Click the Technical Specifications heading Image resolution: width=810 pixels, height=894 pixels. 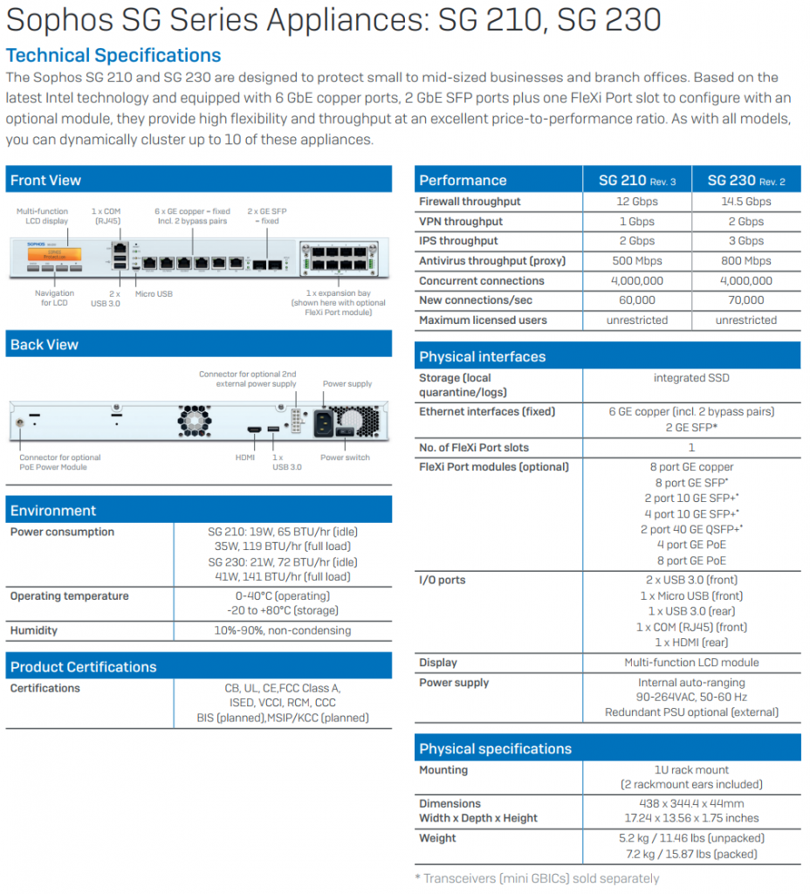pyautogui.click(x=113, y=55)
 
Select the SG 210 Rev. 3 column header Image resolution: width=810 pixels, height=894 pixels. pyautogui.click(x=636, y=181)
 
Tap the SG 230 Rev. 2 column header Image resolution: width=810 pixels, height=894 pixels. pyautogui.click(x=746, y=181)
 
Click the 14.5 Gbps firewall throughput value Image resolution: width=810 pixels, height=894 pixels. pyautogui.click(x=746, y=202)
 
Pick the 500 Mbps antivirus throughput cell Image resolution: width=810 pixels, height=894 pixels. pyautogui.click(x=636, y=260)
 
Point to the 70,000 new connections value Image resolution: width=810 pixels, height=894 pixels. pyautogui.click(x=746, y=300)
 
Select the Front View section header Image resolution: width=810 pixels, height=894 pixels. pyautogui.click(x=45, y=180)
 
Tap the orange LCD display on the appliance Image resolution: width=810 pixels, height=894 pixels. pyautogui.click(x=54, y=254)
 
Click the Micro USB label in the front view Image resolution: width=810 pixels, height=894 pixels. pyautogui.click(x=154, y=293)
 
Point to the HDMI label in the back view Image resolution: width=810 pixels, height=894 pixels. pyautogui.click(x=245, y=457)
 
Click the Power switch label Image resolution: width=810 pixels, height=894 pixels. pyautogui.click(x=345, y=457)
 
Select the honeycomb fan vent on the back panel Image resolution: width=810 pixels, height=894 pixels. pyautogui.click(x=195, y=421)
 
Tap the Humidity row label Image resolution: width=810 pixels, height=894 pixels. pyautogui.click(x=34, y=630)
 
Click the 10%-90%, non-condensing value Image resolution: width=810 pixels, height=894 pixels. pyautogui.click(x=282, y=630)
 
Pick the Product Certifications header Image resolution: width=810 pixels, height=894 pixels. pyautogui.click(x=83, y=666)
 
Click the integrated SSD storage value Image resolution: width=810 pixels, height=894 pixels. pyautogui.click(x=691, y=377)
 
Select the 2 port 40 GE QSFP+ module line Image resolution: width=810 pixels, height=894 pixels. pyautogui.click(x=691, y=529)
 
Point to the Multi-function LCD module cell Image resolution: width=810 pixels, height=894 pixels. pyautogui.click(x=691, y=663)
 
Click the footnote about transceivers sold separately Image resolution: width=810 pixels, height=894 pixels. pyautogui.click(x=537, y=878)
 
